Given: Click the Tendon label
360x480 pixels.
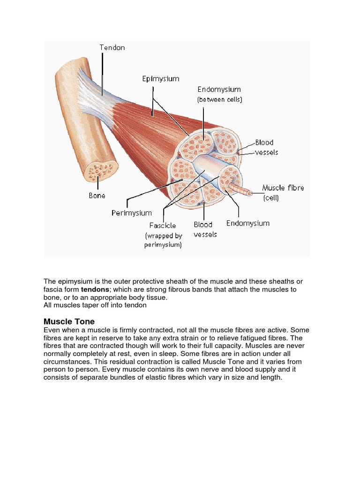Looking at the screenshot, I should (x=112, y=47).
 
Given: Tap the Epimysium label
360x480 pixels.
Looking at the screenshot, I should (x=161, y=79).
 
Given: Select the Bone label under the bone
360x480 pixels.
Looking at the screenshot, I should (x=97, y=195).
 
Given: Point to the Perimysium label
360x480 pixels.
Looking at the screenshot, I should (x=132, y=213).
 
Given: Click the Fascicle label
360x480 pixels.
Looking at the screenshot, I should (x=163, y=225).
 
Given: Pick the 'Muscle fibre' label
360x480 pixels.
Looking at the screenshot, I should (x=283, y=188).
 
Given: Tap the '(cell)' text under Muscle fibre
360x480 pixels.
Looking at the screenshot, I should (x=271, y=198).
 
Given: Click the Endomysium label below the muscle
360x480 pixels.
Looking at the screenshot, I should (x=248, y=223).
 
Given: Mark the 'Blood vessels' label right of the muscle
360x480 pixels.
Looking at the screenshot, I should (x=265, y=147).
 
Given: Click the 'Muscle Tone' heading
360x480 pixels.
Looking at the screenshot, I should (x=69, y=322).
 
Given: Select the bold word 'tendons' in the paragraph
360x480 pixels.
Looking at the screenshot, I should (x=95, y=290).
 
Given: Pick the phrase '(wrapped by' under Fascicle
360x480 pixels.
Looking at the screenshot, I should (x=164, y=235).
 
